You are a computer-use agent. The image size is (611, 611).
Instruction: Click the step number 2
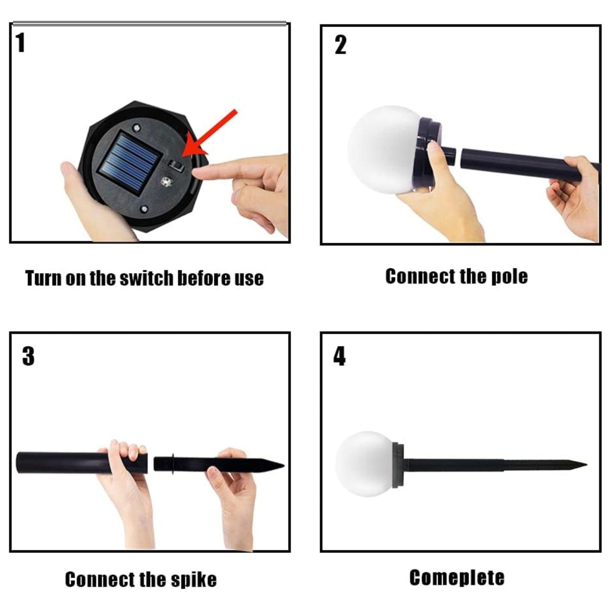tap(340, 45)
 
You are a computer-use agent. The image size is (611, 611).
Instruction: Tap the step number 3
tap(28, 356)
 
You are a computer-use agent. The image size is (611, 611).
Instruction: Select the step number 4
tap(339, 356)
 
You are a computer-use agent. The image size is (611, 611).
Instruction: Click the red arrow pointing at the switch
tap(210, 133)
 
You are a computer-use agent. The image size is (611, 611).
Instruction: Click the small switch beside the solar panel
tap(177, 165)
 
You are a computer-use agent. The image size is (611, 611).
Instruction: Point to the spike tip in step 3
tap(284, 466)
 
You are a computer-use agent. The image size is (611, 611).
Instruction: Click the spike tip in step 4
tap(587, 465)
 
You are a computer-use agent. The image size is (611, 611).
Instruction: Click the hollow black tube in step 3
tap(82, 463)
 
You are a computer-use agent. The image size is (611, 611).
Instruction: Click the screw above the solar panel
tap(137, 128)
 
